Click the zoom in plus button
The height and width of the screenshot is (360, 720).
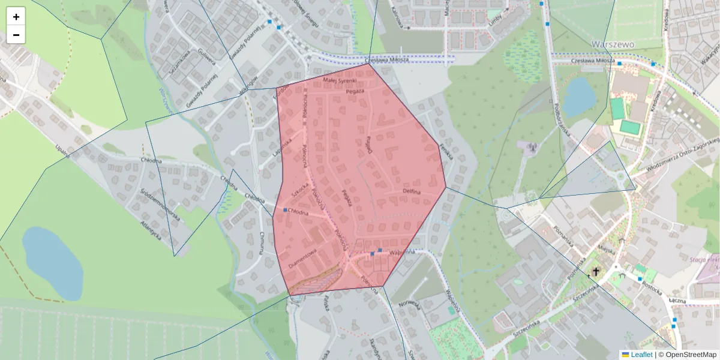pyautogui.click(x=16, y=17)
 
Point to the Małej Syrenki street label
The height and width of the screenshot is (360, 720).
pyautogui.click(x=340, y=80)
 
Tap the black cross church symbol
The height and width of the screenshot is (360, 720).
pyautogui.click(x=596, y=272)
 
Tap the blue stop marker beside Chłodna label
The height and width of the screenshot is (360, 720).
pyautogui.click(x=285, y=210)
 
